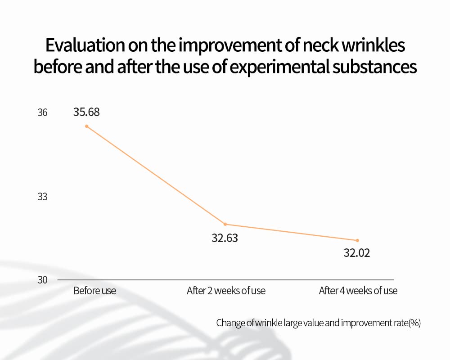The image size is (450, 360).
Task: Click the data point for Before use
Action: click(86, 126)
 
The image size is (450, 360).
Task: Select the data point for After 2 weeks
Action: click(225, 224)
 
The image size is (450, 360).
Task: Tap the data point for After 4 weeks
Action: click(358, 240)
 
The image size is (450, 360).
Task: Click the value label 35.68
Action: click(86, 112)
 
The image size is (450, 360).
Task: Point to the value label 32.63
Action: click(225, 238)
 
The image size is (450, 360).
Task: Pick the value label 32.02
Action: click(357, 253)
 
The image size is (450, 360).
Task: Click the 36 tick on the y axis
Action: click(42, 112)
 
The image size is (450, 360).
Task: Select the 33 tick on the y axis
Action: click(42, 197)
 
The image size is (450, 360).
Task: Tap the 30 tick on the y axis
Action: click(42, 280)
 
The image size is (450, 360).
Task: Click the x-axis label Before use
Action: click(94, 291)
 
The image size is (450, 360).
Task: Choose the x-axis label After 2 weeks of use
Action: click(226, 291)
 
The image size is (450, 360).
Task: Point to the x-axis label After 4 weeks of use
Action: click(358, 291)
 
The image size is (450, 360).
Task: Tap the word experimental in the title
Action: click(293, 67)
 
